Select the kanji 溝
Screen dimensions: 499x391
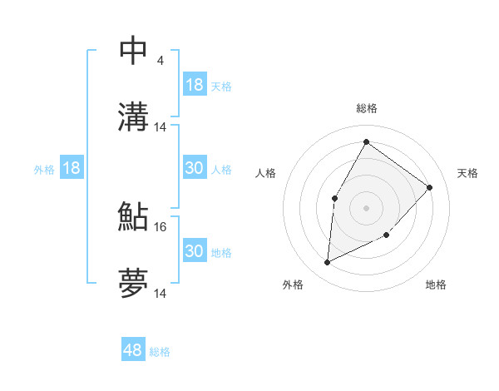(134, 116)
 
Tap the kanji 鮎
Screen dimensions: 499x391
(134, 216)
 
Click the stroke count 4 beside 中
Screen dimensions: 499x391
(160, 61)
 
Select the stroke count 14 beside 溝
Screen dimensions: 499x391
(161, 127)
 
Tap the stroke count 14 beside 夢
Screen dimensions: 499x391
(161, 294)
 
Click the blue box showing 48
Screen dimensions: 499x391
(133, 350)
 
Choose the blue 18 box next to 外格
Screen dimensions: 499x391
(72, 168)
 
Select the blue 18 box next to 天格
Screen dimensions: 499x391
(195, 85)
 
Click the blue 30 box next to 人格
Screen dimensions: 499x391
(195, 168)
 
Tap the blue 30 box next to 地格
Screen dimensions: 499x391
(195, 251)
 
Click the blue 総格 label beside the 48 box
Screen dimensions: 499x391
(160, 352)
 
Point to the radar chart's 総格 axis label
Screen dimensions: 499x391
(366, 108)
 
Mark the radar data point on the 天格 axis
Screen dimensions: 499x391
(430, 187)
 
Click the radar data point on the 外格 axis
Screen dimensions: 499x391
(327, 262)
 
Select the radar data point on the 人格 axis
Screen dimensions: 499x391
(334, 198)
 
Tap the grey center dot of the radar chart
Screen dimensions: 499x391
(366, 208)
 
